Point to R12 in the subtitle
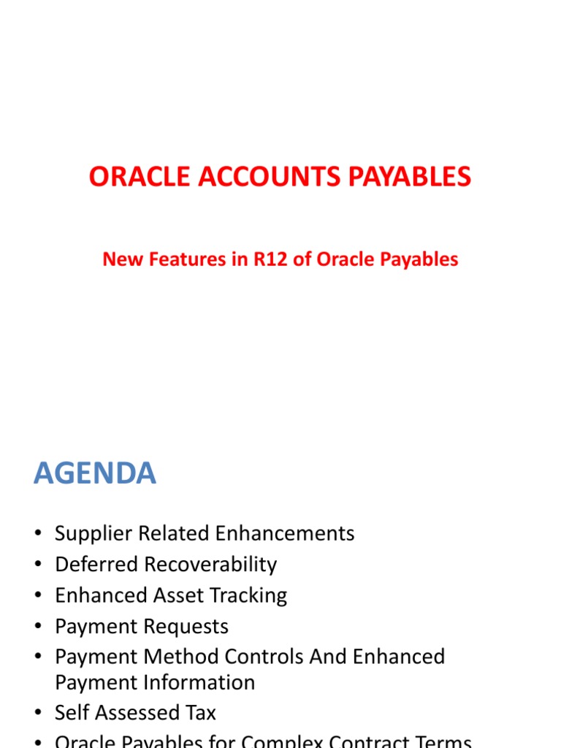point(271,259)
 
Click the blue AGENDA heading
point(95,474)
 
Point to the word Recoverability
point(210,565)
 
